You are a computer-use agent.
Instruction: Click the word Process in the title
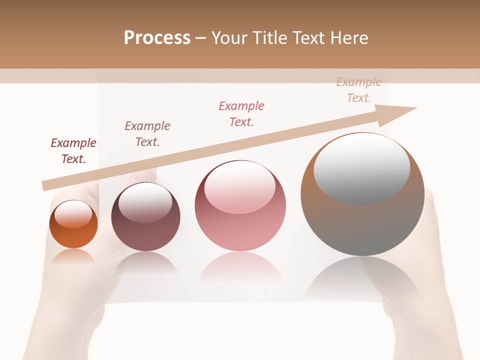point(157,38)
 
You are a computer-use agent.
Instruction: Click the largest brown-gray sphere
point(362,220)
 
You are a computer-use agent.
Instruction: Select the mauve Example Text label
point(147,134)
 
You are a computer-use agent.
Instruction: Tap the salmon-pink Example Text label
point(241,113)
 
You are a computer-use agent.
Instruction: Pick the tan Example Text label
point(359,90)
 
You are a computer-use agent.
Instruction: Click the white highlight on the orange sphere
point(73,214)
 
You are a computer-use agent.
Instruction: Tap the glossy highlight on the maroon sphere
point(145,202)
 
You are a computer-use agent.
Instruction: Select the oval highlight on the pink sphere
point(240,188)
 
